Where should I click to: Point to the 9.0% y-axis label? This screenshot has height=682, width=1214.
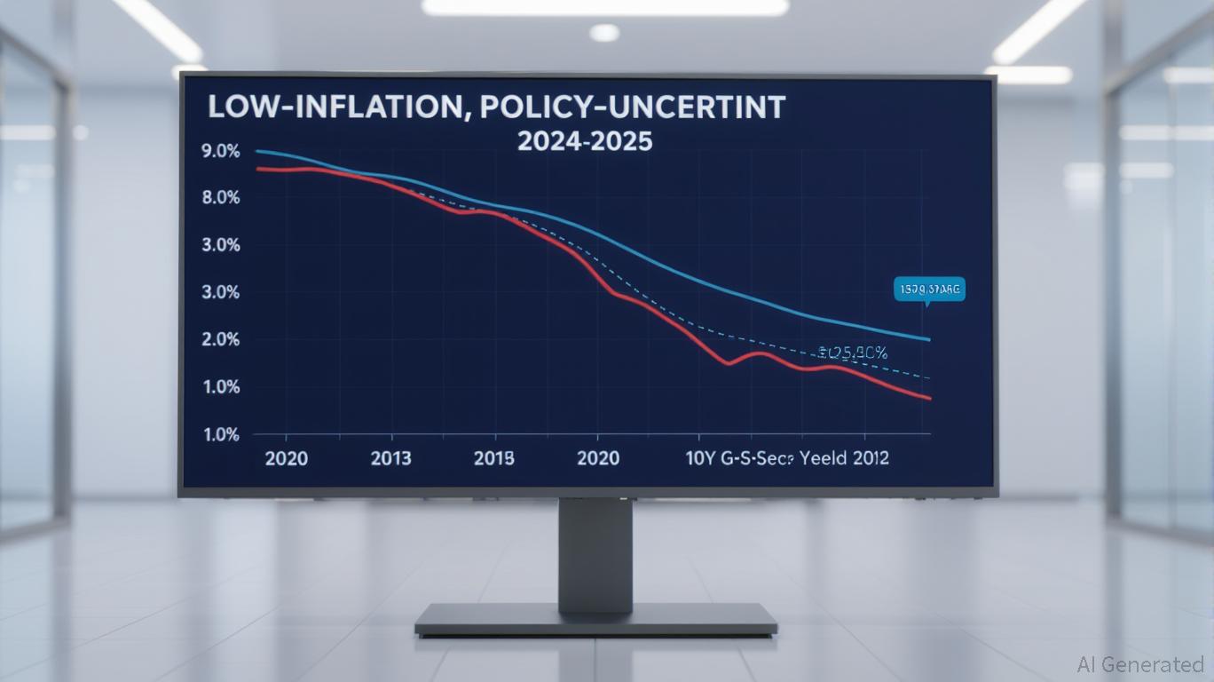click(221, 151)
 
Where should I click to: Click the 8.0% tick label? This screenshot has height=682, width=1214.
click(221, 198)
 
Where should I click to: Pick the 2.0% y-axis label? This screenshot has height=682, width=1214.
click(221, 339)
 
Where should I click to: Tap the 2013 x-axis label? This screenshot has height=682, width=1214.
click(390, 458)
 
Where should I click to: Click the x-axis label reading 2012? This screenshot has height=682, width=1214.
click(869, 458)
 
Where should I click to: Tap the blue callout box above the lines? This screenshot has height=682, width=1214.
click(930, 289)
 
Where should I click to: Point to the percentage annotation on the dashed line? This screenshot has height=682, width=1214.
click(853, 353)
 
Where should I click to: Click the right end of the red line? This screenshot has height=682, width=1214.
click(930, 399)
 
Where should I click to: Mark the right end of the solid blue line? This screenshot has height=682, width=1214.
click(930, 340)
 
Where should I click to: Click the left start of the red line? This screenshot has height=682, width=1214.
click(256, 168)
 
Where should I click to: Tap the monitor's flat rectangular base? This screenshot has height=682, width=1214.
click(595, 619)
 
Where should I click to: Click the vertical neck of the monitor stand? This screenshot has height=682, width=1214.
click(595, 551)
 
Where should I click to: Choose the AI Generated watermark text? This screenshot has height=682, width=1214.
click(1139, 664)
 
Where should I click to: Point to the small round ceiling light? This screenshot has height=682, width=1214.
click(604, 32)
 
